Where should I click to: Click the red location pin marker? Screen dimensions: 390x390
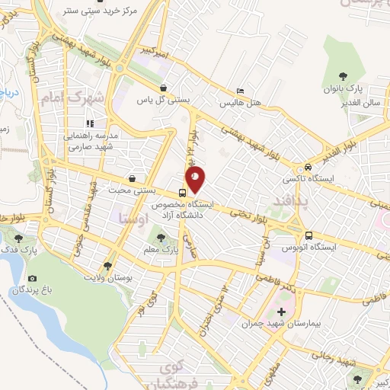click(196, 180)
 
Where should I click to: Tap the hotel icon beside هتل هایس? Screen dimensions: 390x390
click(241, 90)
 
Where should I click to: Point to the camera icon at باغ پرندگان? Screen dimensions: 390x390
click(32, 279)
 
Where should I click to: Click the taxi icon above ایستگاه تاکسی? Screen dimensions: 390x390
click(307, 167)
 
